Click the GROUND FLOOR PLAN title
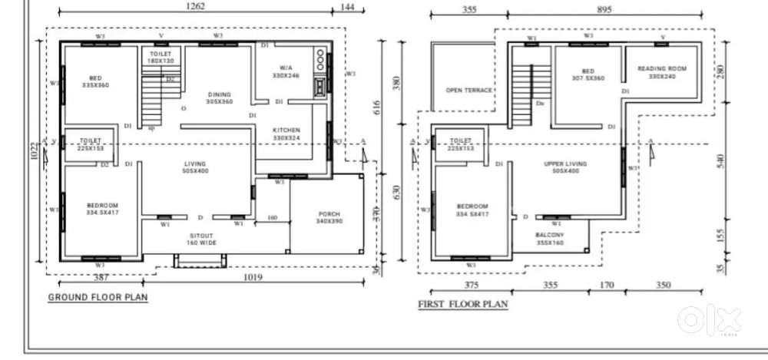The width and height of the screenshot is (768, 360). tap(98, 297)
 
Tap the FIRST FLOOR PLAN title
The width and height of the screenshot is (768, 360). tap(462, 304)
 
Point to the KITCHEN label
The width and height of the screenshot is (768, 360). tap(286, 130)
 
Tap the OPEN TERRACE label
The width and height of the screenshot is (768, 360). tap(468, 90)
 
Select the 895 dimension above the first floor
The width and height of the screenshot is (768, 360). tap(606, 10)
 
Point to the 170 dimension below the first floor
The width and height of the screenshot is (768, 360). tap(607, 285)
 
